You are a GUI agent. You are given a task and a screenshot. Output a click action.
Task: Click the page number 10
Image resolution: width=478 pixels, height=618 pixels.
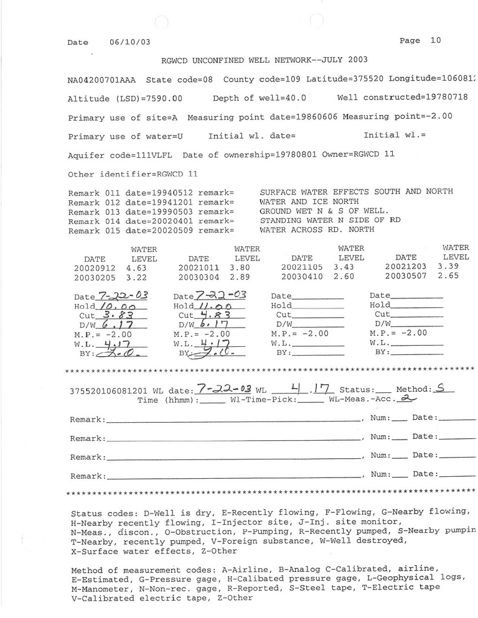[x=435, y=40]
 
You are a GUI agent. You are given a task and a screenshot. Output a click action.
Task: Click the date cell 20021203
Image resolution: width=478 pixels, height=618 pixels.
[x=406, y=267]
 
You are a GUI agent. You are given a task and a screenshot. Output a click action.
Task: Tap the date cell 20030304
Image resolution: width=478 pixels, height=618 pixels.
[x=199, y=277]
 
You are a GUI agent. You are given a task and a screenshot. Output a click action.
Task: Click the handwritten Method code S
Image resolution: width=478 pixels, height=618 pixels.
[x=441, y=389]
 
